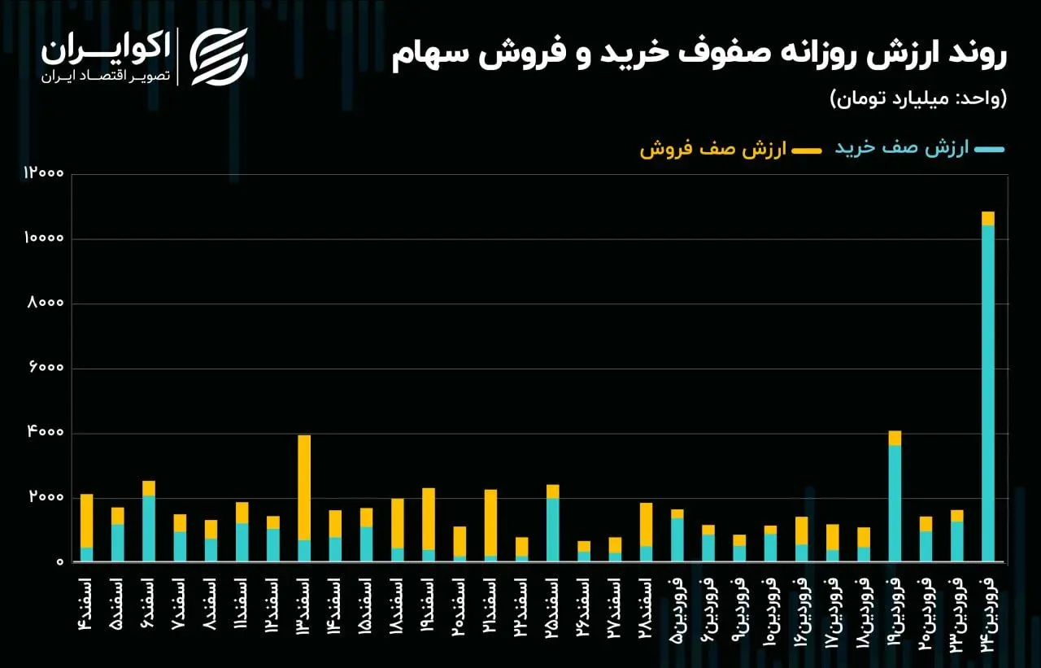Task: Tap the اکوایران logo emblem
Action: pos(219,57)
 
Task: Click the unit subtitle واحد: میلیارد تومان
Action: pos(918,98)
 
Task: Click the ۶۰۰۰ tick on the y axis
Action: pos(47,369)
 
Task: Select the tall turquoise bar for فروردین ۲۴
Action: pos(988,391)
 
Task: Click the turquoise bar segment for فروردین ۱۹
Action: pos(895,503)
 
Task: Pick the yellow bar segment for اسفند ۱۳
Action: pos(304,487)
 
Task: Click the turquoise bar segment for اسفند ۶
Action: pos(149,528)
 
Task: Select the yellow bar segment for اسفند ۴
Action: pos(86,521)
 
